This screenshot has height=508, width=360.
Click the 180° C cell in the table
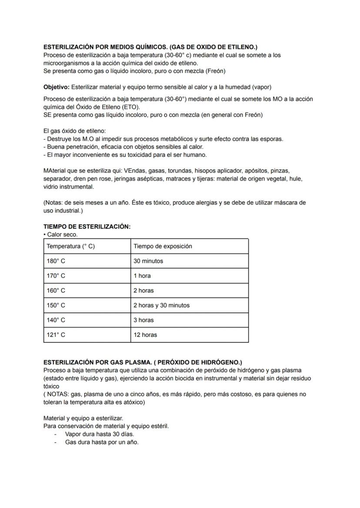[x=56, y=261]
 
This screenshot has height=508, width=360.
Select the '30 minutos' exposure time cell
[x=148, y=261]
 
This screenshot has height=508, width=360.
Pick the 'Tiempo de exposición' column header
[x=163, y=246]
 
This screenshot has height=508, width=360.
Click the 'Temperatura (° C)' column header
[x=70, y=246]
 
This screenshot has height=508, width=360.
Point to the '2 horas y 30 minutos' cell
[x=161, y=305]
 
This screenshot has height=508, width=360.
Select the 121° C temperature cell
[x=56, y=335]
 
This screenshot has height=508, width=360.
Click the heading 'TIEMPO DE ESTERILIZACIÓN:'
[x=87, y=227]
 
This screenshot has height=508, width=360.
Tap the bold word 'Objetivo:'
[x=57, y=87]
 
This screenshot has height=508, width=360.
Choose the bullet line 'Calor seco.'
[x=62, y=235]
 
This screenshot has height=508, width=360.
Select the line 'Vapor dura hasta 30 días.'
[x=100, y=434]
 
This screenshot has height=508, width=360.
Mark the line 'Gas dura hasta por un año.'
[x=102, y=442]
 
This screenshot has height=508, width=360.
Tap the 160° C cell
[x=56, y=291]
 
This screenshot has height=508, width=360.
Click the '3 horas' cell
[x=143, y=320]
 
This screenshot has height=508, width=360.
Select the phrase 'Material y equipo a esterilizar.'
[x=83, y=418]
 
